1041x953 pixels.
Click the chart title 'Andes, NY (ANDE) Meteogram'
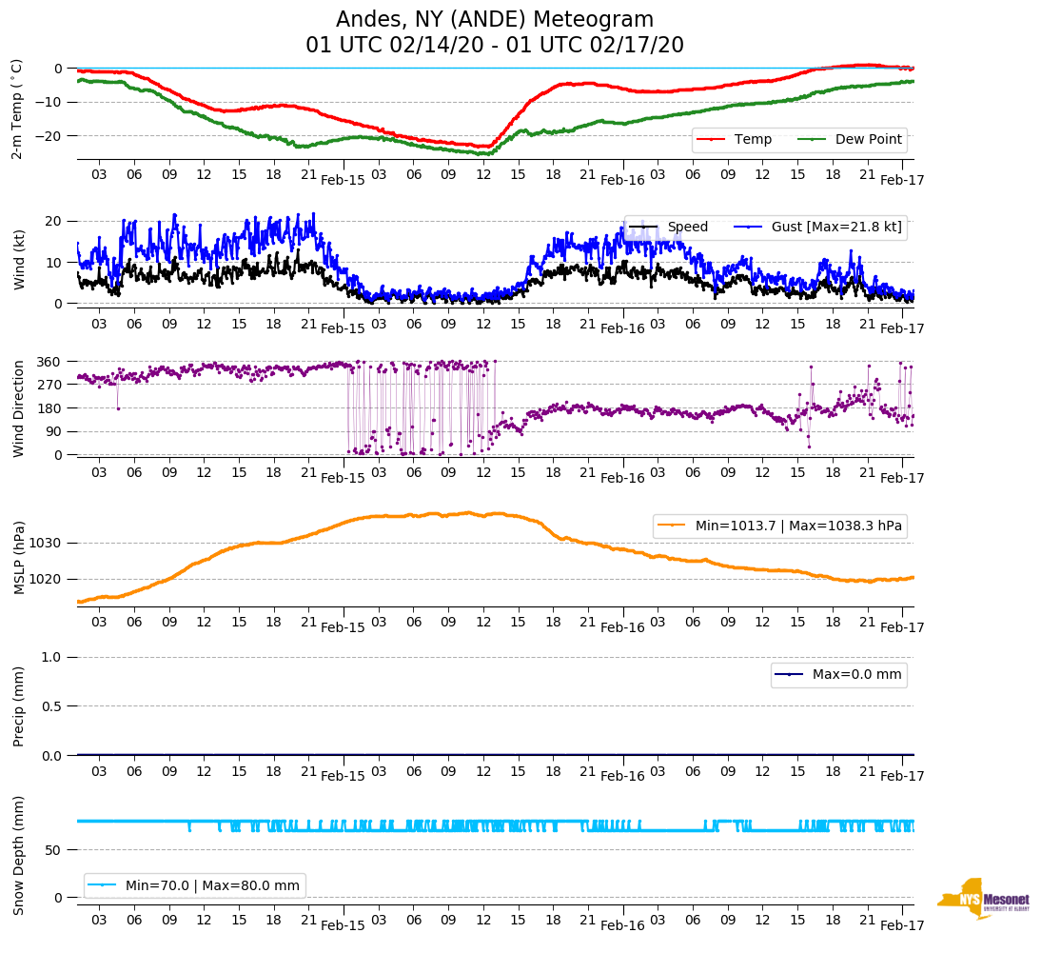[x=494, y=20]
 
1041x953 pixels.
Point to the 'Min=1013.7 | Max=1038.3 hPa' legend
[x=798, y=526]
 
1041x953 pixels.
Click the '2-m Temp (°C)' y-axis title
[x=17, y=109]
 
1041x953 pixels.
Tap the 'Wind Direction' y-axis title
[x=19, y=407]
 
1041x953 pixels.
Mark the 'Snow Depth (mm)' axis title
[x=19, y=855]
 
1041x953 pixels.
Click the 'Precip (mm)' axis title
[x=19, y=706]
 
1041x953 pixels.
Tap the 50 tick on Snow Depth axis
[x=56, y=849]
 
